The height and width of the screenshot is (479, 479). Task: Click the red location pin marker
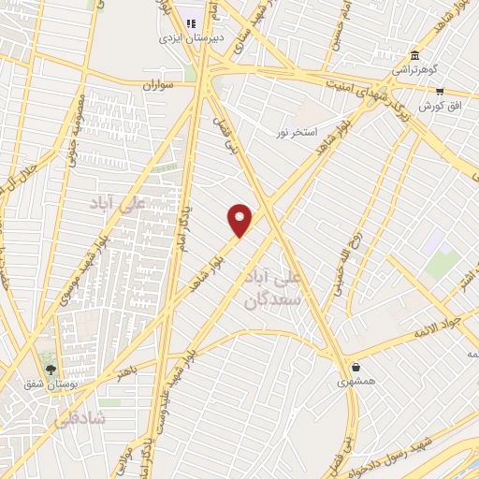coord(240,219)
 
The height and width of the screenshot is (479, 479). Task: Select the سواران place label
coord(159,84)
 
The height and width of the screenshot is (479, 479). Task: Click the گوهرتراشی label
coord(413,70)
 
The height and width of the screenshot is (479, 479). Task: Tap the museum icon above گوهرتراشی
coord(414,54)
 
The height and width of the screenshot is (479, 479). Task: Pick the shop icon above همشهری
coord(356,367)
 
